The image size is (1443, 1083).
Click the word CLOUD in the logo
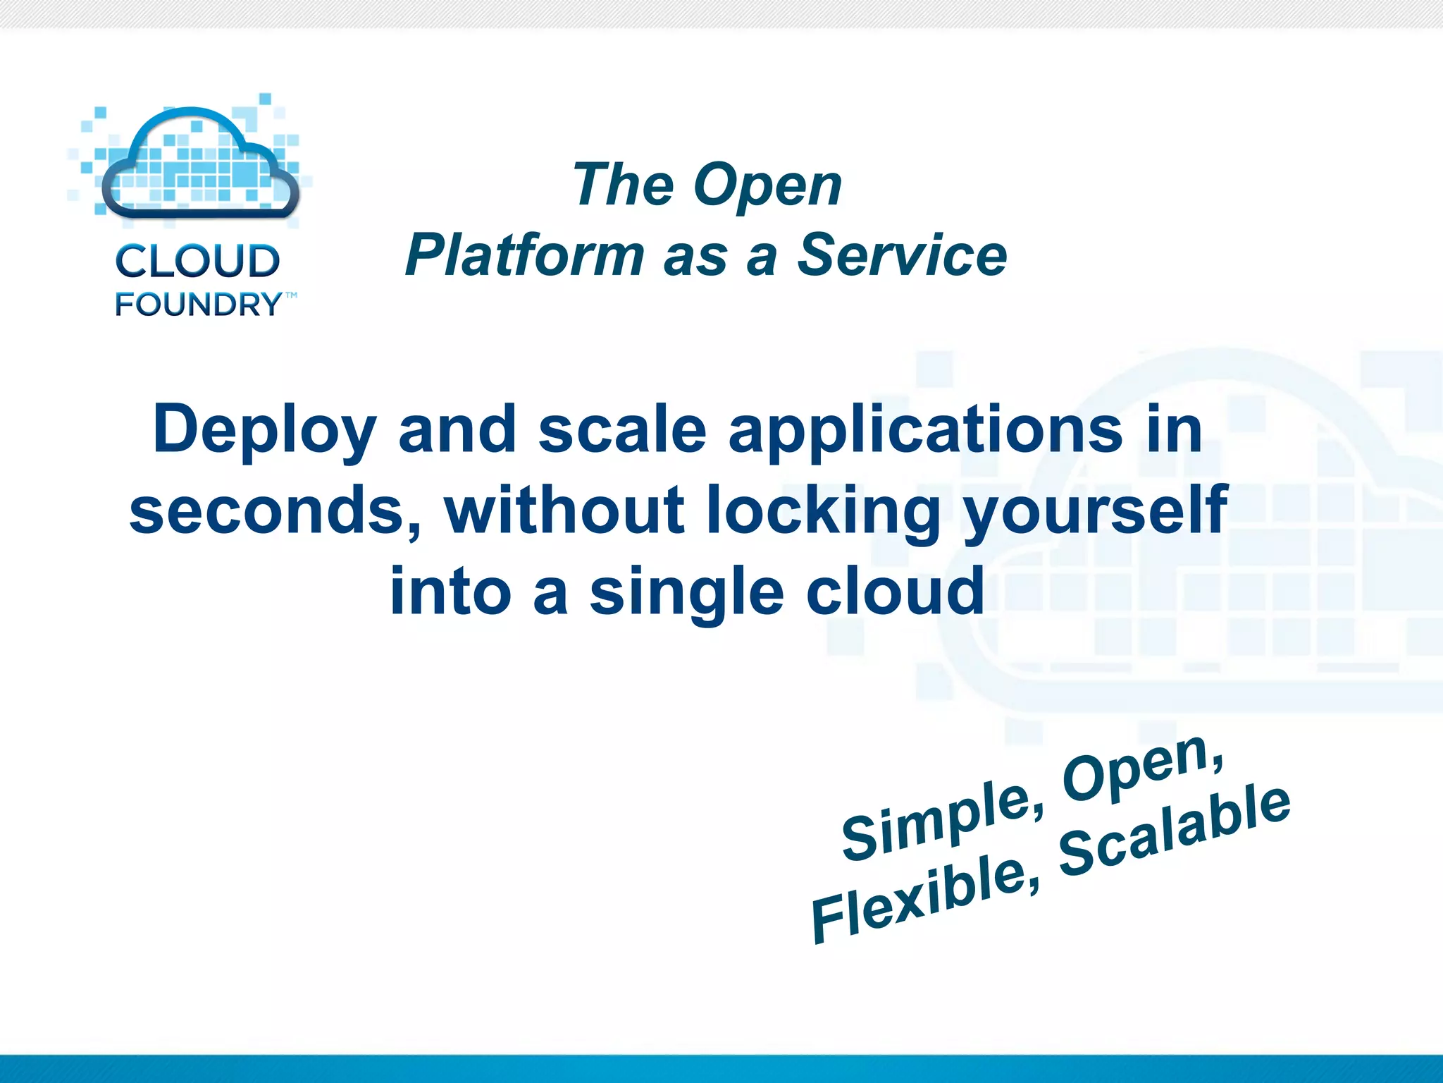(x=197, y=261)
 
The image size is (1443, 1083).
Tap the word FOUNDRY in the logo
(x=198, y=305)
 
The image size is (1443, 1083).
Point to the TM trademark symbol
(x=290, y=295)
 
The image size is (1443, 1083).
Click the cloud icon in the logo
(x=200, y=164)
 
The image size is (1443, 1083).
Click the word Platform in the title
(x=524, y=255)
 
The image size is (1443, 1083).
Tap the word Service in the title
(x=902, y=255)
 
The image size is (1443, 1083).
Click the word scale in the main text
(x=622, y=430)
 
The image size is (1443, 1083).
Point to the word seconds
(x=275, y=510)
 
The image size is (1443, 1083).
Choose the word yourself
(x=1096, y=510)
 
